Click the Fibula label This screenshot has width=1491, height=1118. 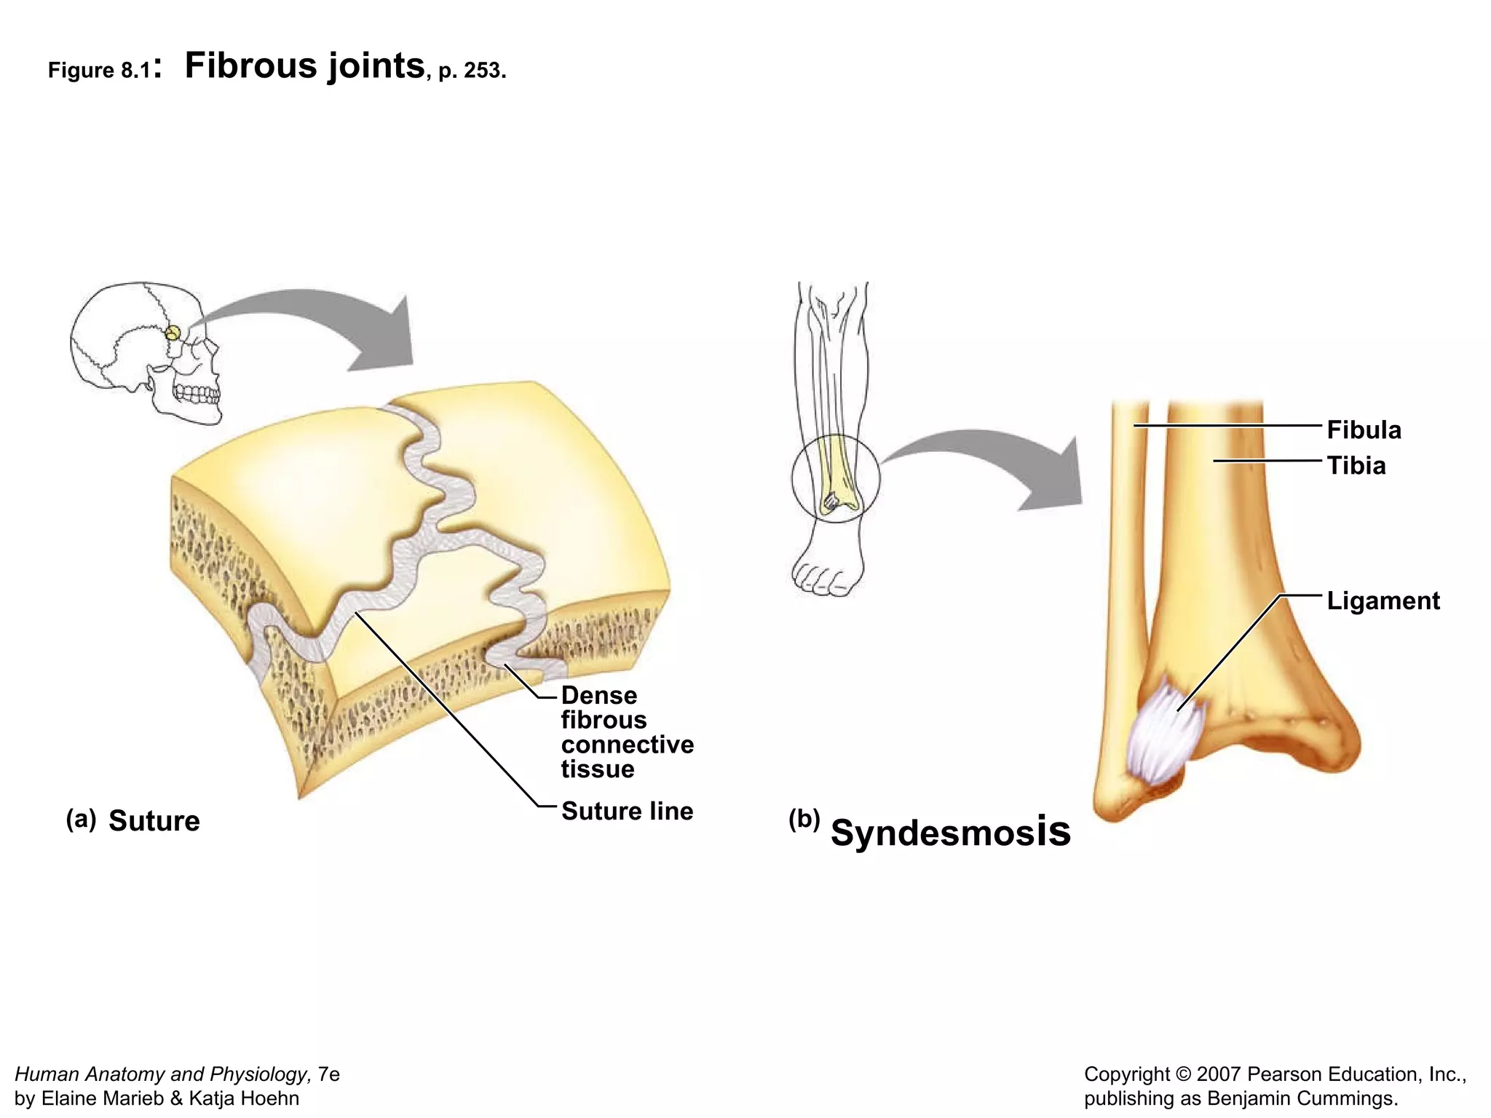point(1363,430)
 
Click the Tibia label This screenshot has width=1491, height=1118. point(1356,466)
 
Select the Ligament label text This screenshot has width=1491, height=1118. point(1383,601)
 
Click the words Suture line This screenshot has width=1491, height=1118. point(627,811)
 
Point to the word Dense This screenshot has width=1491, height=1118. point(598,696)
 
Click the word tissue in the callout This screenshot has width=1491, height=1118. point(597,769)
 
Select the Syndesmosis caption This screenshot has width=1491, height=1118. point(950,832)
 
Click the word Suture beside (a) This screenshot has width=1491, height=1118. point(154,821)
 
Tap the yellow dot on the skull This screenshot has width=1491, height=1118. point(172,333)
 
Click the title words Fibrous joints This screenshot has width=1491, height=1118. point(304,66)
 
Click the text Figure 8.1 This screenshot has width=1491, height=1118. point(100,71)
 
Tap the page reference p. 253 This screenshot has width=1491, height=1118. point(471,71)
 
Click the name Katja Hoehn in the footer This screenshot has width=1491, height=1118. point(244,1098)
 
